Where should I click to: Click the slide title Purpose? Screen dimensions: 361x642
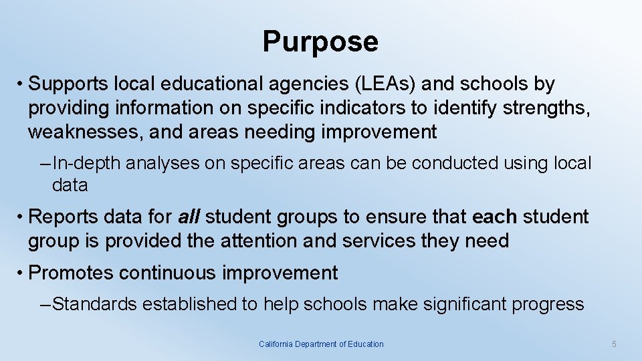[320, 41]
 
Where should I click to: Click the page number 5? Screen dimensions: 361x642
[614, 344]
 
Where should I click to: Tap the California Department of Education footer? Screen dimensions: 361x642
[321, 344]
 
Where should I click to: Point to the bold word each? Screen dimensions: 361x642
[494, 217]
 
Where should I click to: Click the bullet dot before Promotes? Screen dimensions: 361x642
[22, 273]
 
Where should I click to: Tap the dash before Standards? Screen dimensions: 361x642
[45, 304]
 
